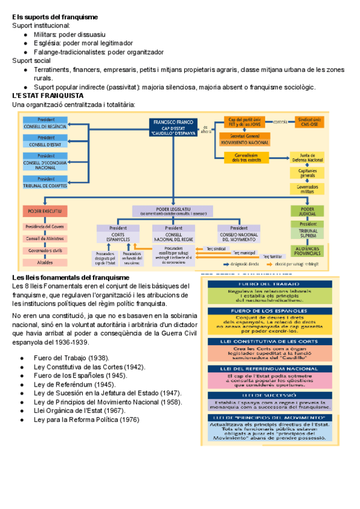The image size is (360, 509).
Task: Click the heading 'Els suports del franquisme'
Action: pos(55,17)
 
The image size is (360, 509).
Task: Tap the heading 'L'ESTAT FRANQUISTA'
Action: pos(47,96)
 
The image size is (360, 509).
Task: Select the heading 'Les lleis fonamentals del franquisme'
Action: pos(71,277)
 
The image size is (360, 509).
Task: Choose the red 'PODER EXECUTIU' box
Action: pos(46,211)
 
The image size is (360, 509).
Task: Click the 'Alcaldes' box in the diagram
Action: pos(46,262)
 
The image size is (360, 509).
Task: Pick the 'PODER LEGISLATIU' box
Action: pos(172,211)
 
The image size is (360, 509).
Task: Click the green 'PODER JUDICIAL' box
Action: pos(307,211)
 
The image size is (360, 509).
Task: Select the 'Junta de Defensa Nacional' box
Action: pos(307,158)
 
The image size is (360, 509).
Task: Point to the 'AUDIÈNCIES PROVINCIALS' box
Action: pos(307,251)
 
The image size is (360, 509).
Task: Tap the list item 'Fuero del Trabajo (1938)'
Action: pos(68,358)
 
